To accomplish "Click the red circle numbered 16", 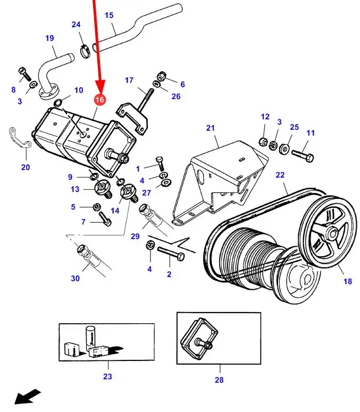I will point(99,99).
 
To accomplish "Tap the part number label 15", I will point(109,15).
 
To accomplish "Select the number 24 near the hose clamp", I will point(77,24).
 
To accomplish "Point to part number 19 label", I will point(49,38).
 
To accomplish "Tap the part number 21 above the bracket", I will point(211,128).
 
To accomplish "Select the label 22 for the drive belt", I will point(280,174).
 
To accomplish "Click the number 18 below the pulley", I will point(348,281).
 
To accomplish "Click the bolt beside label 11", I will point(304,156).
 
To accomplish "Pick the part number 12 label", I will point(265,116).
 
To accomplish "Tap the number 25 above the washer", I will point(294,128).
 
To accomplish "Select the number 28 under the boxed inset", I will point(219,380).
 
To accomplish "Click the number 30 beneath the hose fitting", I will point(75,278).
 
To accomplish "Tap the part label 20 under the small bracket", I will point(26,167).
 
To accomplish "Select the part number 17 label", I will point(129,80).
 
